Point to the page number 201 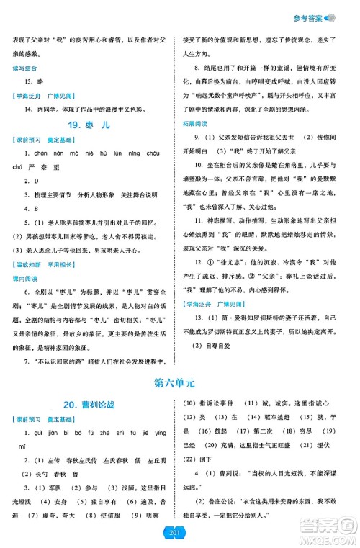tap(180, 531)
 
